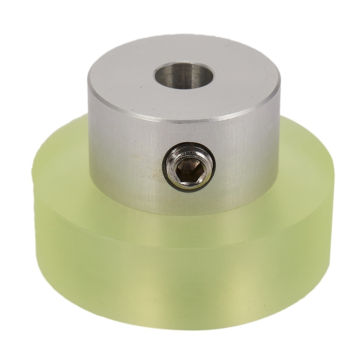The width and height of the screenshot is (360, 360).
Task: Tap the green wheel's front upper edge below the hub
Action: coord(180,225)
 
